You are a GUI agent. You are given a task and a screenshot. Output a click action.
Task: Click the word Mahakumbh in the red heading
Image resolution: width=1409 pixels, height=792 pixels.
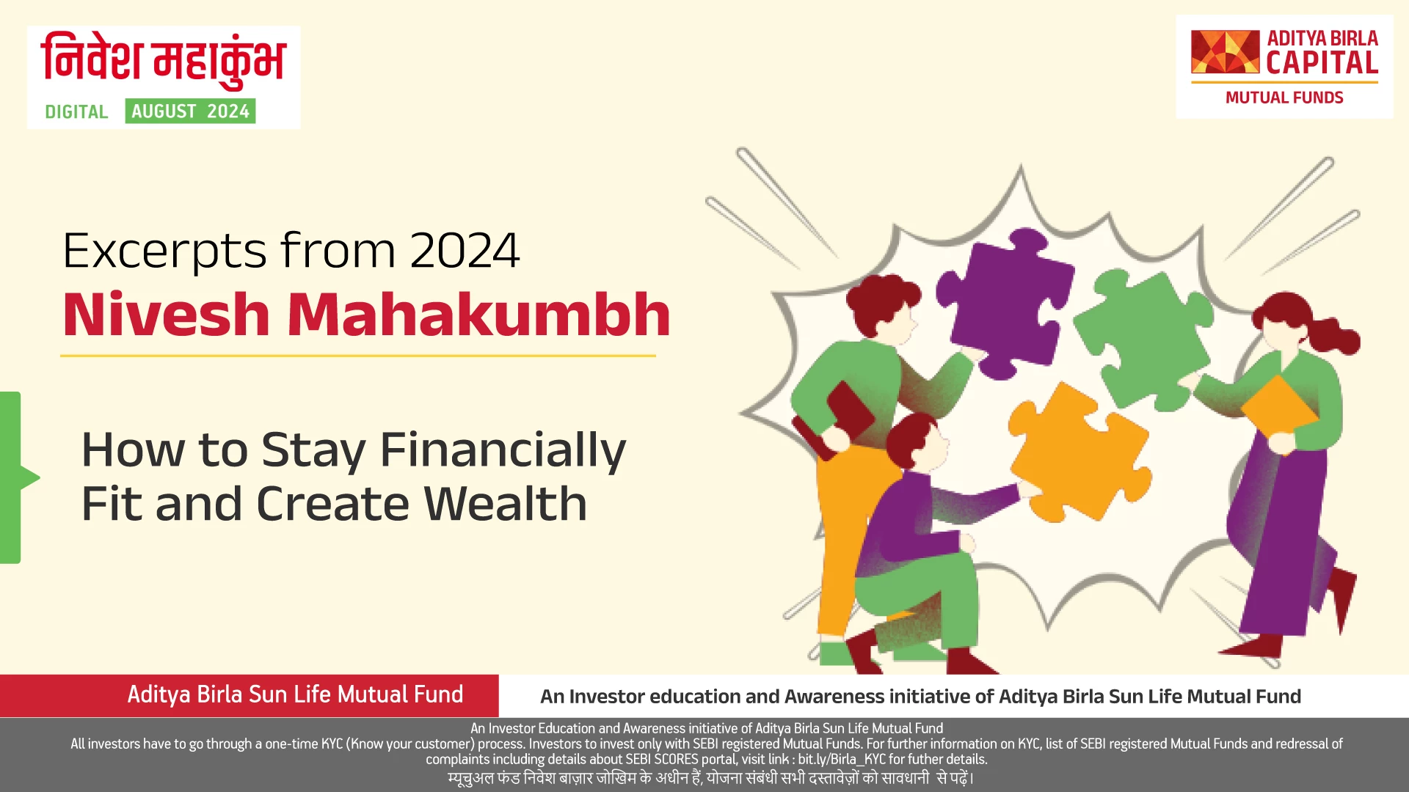click(478, 315)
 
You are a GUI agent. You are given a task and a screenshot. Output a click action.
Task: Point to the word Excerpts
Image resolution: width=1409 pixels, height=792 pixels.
click(165, 252)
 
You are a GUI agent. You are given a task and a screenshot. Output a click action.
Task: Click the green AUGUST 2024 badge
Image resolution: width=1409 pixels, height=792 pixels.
click(190, 111)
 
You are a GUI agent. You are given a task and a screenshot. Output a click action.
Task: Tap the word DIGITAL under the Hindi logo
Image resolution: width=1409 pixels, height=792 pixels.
click(76, 112)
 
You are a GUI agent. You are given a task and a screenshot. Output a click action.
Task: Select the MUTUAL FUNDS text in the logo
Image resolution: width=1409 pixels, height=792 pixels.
click(1284, 98)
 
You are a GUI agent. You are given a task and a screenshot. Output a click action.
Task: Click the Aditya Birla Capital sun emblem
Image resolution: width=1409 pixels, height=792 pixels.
click(1225, 52)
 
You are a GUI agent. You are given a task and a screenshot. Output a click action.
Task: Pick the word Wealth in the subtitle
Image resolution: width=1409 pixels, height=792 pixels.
click(506, 505)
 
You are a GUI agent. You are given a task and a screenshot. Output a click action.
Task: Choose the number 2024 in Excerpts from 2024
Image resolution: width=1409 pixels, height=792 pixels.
click(465, 252)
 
